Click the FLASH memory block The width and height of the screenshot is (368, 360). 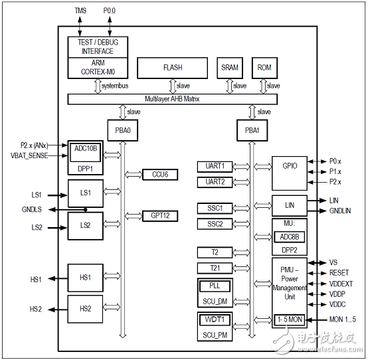coord(172,68)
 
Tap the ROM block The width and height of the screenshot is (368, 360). coord(264,68)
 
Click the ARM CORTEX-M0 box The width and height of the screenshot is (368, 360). coord(98,68)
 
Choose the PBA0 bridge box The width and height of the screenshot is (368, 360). coord(122,130)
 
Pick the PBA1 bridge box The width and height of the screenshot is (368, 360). coord(250,130)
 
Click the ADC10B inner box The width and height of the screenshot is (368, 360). coord(85,149)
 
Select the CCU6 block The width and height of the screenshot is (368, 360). coord(161,174)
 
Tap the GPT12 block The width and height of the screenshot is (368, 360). coord(161,216)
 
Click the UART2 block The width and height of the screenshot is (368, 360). coord(214,181)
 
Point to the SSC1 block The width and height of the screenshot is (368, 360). coord(214,208)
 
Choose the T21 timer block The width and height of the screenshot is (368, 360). coord(214,268)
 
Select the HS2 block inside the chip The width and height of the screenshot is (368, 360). coord(86,309)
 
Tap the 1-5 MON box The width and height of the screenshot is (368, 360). coord(289,319)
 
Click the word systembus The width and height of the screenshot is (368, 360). coord(115,86)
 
